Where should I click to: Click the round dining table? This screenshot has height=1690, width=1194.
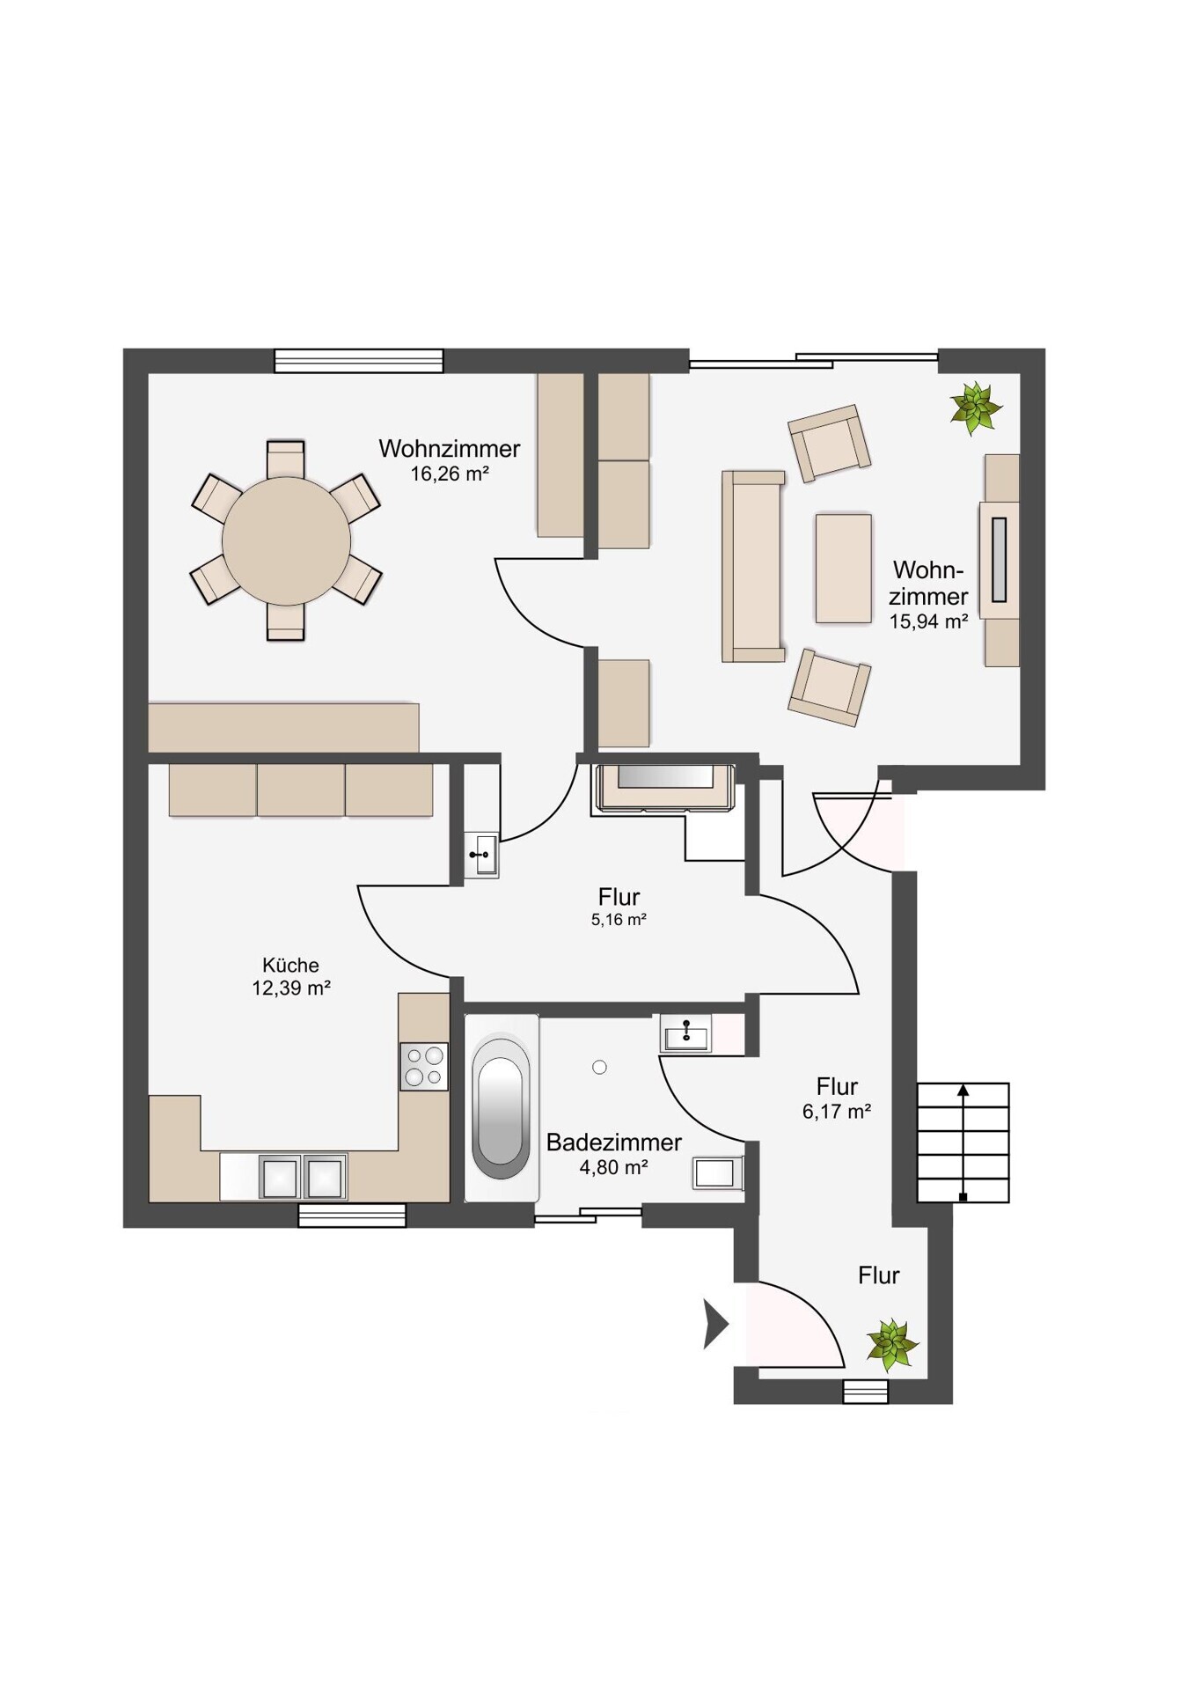[286, 541]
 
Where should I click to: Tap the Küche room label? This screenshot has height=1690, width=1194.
[290, 965]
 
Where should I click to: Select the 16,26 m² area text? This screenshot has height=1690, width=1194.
[450, 474]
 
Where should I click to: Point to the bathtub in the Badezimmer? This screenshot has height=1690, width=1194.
[502, 1107]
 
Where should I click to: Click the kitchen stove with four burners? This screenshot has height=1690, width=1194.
[424, 1066]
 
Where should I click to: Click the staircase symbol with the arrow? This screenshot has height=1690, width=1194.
[963, 1143]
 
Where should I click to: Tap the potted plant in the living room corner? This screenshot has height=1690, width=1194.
[975, 408]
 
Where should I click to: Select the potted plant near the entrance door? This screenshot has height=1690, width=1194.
[892, 1345]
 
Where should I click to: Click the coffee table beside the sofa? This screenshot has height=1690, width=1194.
[843, 569]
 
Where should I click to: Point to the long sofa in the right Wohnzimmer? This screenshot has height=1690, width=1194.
[753, 566]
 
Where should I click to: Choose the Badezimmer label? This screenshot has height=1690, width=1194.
[614, 1143]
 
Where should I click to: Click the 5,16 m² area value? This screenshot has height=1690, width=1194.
[619, 921]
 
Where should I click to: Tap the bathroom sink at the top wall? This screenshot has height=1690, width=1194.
[685, 1033]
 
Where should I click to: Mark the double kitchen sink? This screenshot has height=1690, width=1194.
[303, 1176]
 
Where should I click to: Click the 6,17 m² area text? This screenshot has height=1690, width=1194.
[837, 1112]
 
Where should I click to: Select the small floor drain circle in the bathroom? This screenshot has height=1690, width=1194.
[600, 1068]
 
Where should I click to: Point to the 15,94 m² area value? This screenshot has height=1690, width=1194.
[929, 621]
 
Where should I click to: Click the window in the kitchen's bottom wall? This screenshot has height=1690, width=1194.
[352, 1215]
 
